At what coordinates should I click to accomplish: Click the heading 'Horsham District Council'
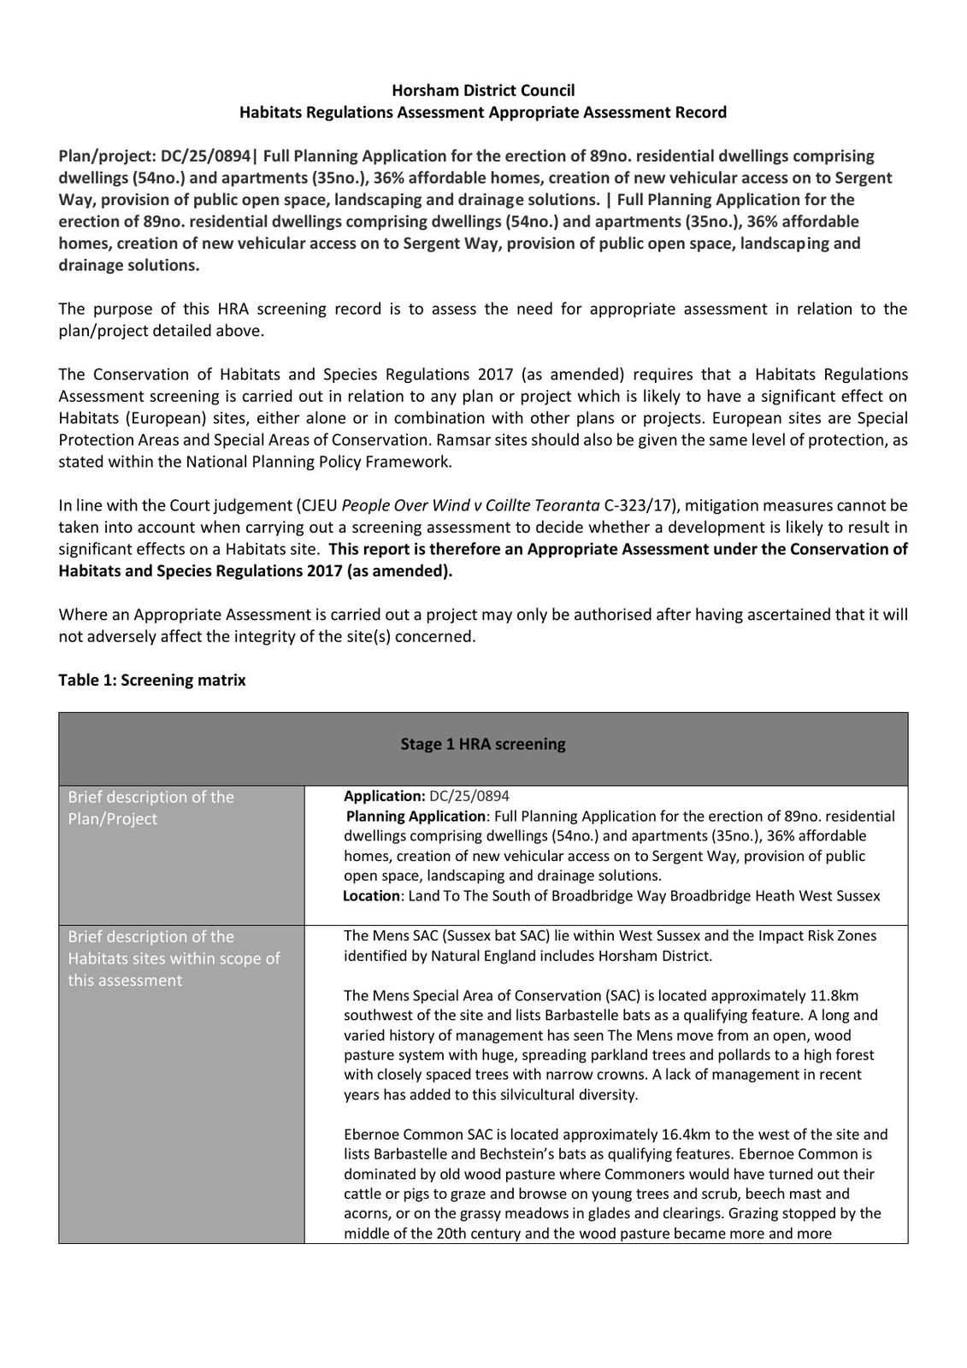(483, 91)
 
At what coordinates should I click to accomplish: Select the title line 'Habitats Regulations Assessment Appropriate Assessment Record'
(483, 112)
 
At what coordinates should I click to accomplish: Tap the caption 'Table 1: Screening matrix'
(152, 681)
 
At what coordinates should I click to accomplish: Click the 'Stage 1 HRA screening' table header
(483, 744)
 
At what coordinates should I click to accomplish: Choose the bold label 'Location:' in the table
(371, 896)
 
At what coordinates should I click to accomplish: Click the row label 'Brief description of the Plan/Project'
(151, 808)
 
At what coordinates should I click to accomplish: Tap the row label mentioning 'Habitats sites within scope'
(174, 958)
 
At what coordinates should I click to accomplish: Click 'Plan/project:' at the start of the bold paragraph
(107, 156)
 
